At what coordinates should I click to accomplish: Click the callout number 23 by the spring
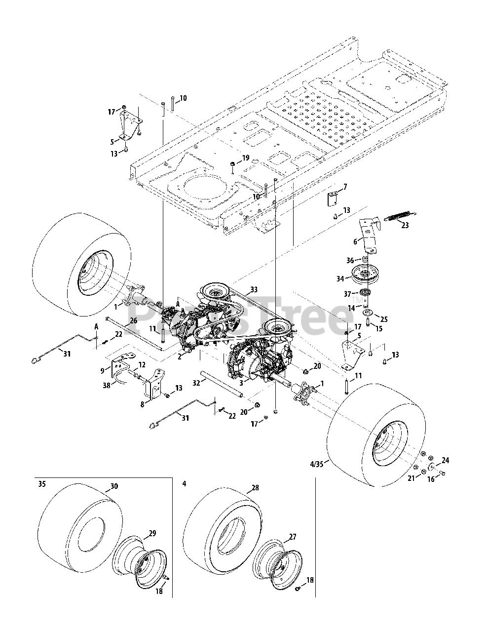tap(405, 225)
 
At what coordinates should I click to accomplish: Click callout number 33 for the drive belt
tap(254, 289)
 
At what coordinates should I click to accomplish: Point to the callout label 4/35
tap(316, 464)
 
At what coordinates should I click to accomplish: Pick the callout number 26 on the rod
tap(133, 321)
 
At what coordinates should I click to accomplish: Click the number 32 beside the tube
tap(196, 383)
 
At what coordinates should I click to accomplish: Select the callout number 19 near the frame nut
tap(246, 158)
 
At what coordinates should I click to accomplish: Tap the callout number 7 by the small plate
tap(345, 187)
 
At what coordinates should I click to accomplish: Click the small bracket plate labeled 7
tap(332, 199)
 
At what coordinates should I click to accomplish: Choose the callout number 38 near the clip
tap(107, 385)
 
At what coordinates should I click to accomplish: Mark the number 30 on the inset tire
tap(114, 486)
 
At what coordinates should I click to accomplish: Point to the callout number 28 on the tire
tap(255, 488)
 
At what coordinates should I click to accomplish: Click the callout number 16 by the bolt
tap(431, 479)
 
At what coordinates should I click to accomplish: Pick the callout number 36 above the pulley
tap(350, 260)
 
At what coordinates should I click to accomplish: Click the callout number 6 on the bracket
tap(355, 241)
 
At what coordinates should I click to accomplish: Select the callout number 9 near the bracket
tap(102, 370)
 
